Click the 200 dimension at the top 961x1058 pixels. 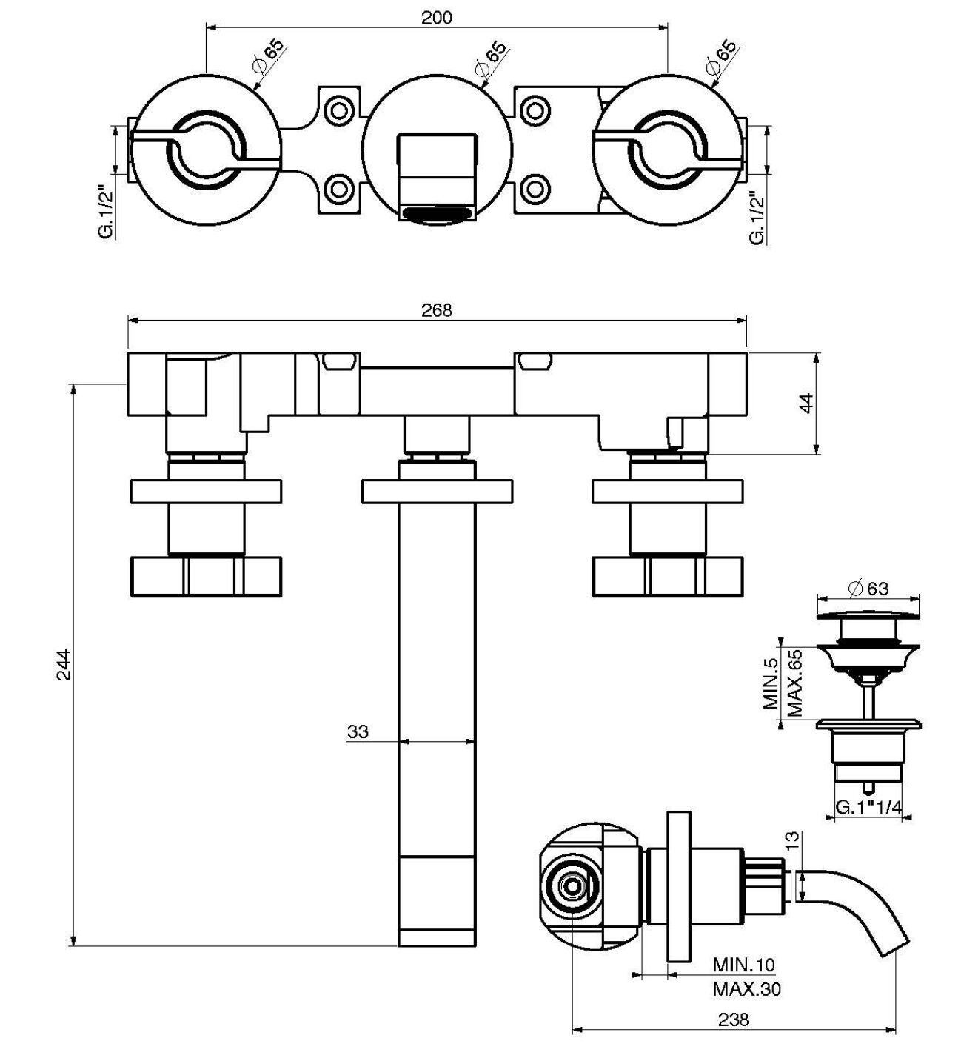(x=436, y=18)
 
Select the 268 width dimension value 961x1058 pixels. (x=436, y=310)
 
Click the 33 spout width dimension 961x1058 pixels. (x=358, y=731)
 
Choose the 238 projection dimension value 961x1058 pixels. (x=733, y=1020)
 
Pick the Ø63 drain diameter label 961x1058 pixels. (x=867, y=588)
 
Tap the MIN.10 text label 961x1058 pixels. (x=743, y=964)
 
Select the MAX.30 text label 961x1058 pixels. (x=746, y=988)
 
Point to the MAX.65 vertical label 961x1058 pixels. (x=795, y=682)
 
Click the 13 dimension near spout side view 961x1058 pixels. (x=792, y=841)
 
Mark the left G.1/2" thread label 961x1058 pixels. (x=106, y=213)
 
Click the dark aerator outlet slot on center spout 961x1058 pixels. (x=437, y=215)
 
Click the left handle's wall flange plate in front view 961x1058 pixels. (x=206, y=492)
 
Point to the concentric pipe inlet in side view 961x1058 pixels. (x=572, y=885)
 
